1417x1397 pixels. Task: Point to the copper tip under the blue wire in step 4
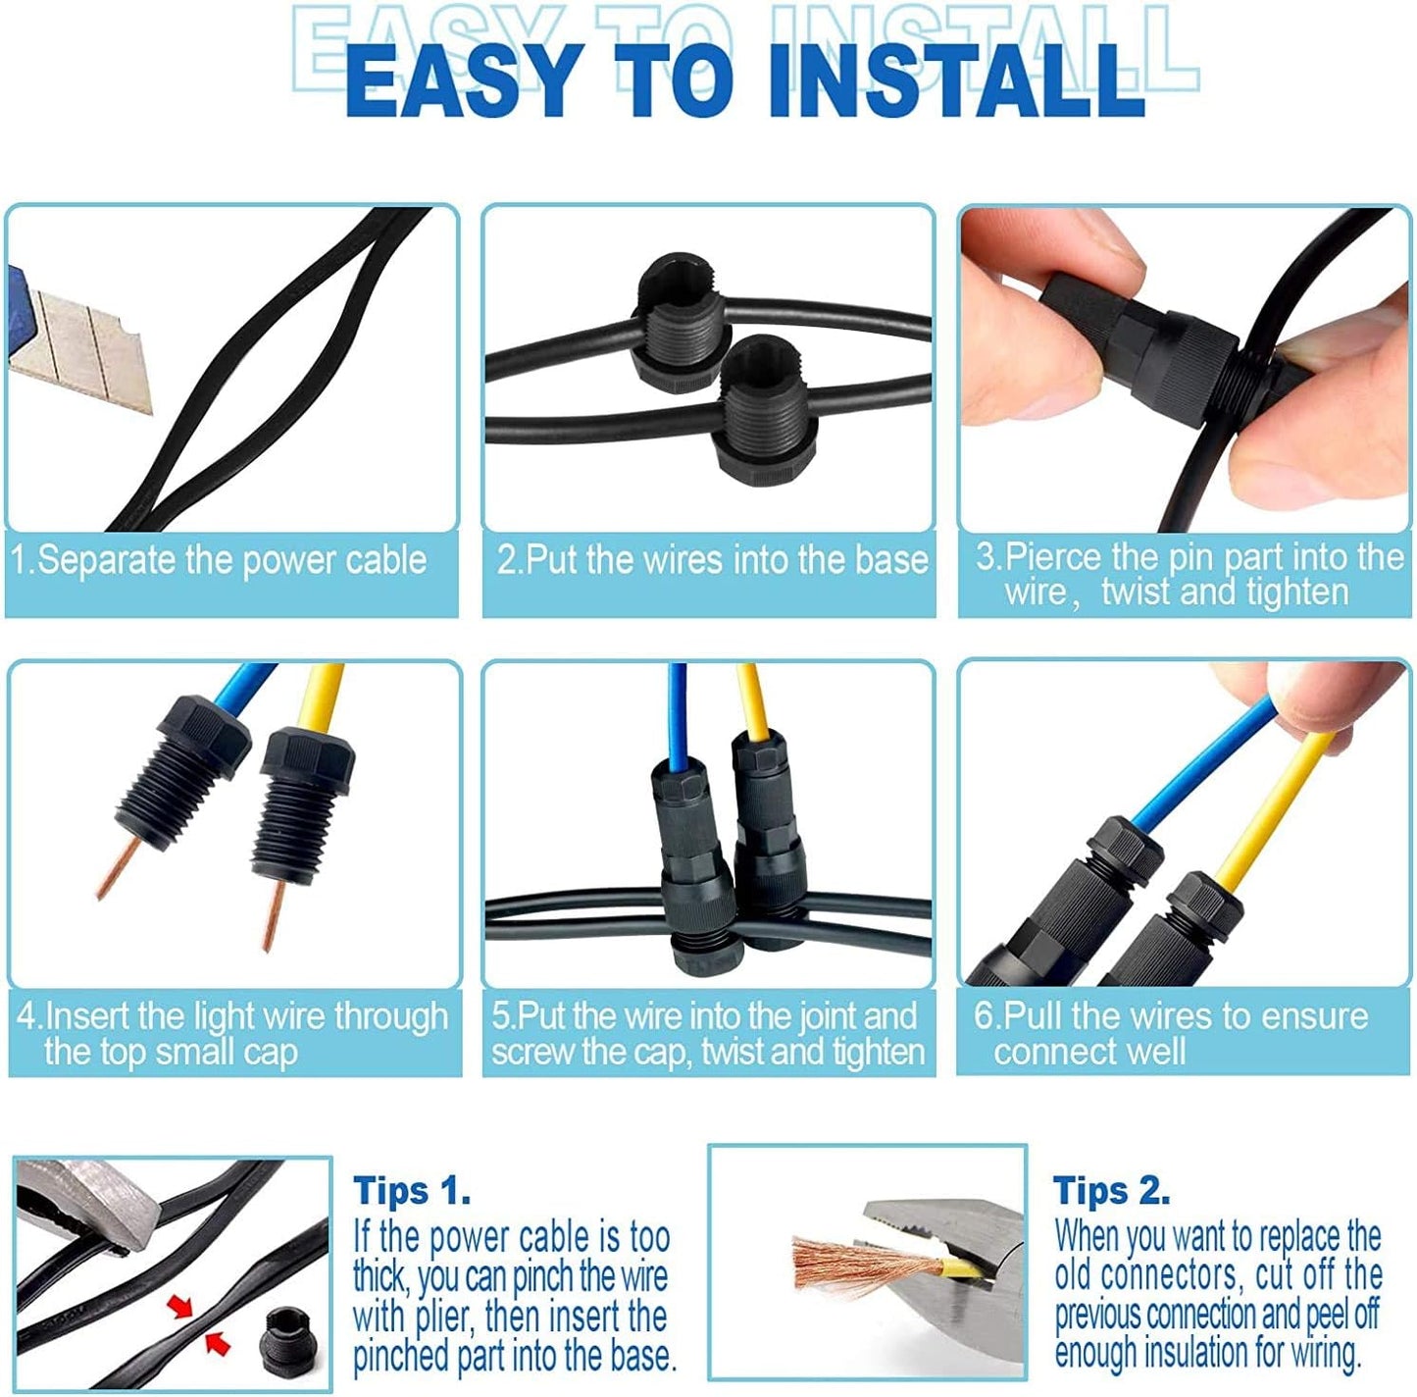[x=118, y=867]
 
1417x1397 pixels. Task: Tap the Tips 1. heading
[x=412, y=1190]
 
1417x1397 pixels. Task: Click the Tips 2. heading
[x=1111, y=1190]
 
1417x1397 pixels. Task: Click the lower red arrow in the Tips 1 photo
[x=216, y=1343]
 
